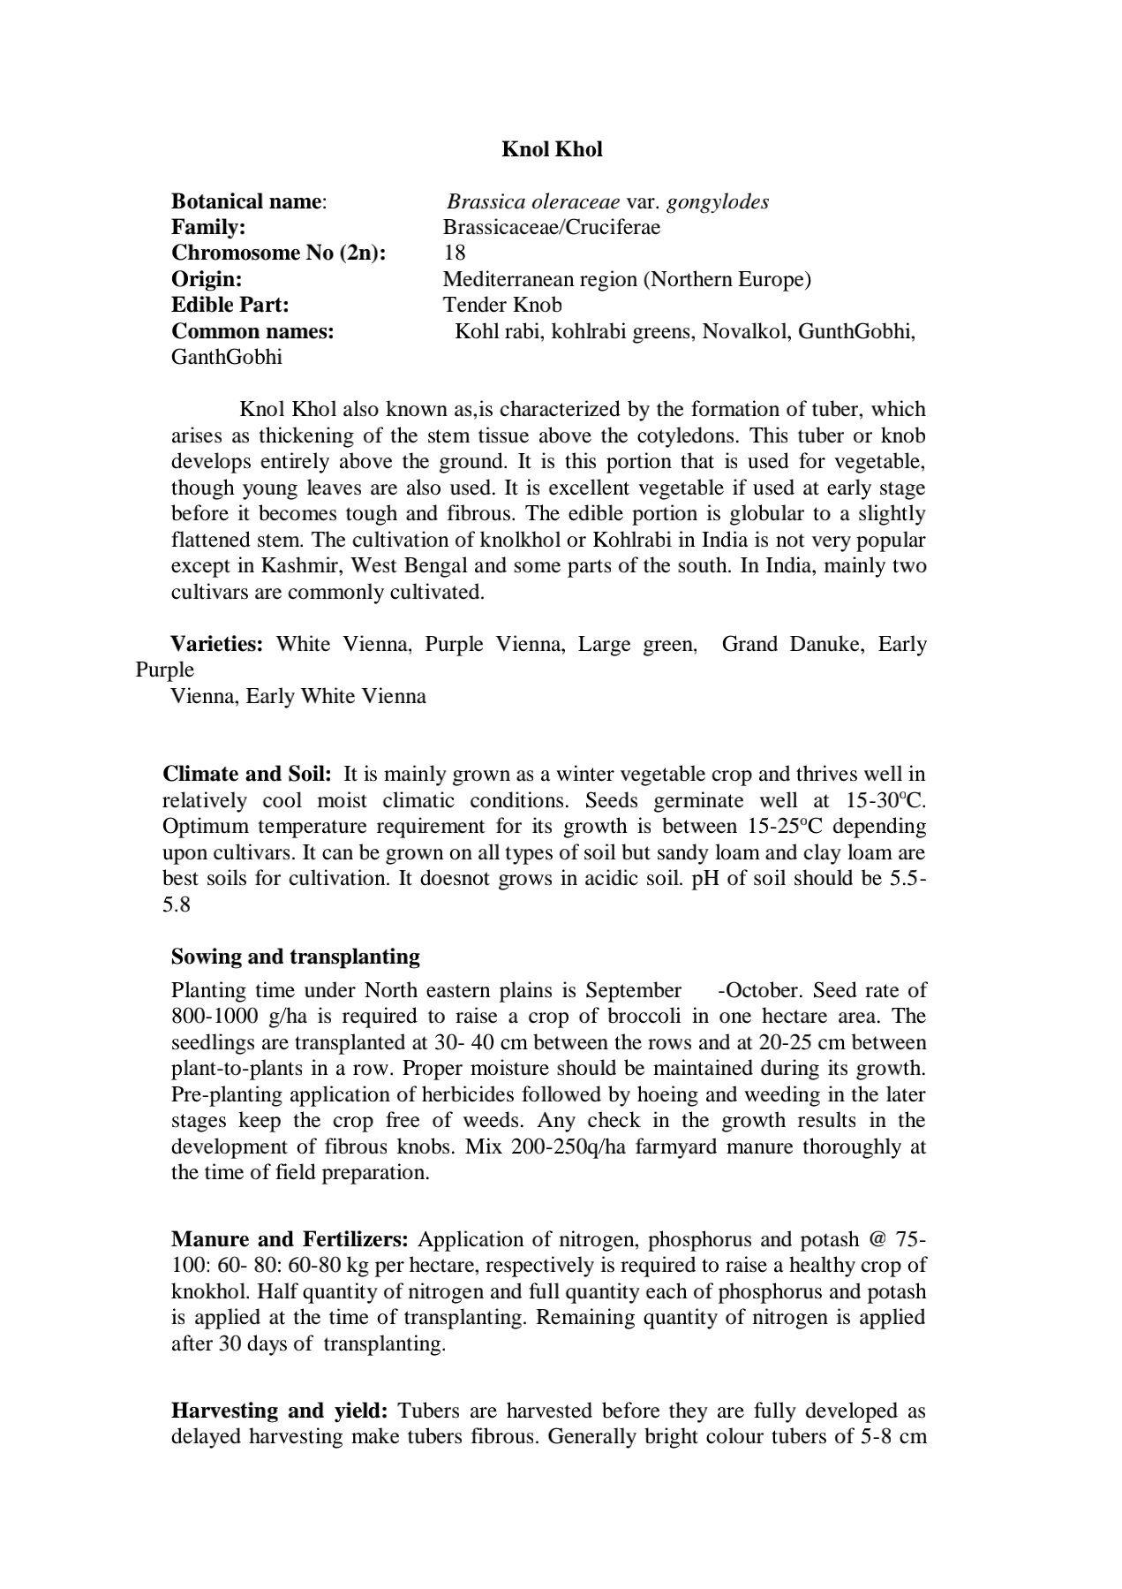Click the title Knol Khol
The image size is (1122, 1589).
pyautogui.click(x=552, y=149)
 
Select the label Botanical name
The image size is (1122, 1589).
pyautogui.click(x=246, y=201)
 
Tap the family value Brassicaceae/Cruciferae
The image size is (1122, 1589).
pyautogui.click(x=551, y=227)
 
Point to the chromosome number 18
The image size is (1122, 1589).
pyautogui.click(x=454, y=253)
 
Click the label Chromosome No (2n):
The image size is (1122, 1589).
pyautogui.click(x=279, y=253)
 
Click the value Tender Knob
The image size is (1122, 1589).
pyautogui.click(x=501, y=305)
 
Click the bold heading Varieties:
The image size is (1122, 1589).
pyautogui.click(x=217, y=644)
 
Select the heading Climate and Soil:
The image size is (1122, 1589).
pyautogui.click(x=247, y=775)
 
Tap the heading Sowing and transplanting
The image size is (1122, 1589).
pyautogui.click(x=296, y=957)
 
